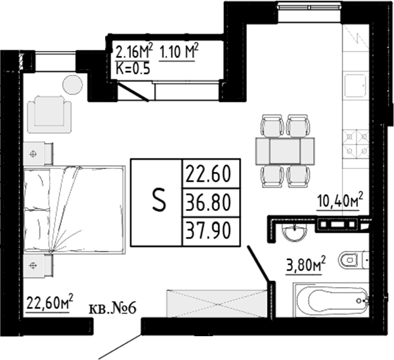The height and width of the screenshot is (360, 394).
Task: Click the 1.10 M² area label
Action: (179, 49)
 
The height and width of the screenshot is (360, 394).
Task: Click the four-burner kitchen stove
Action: (356, 143)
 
